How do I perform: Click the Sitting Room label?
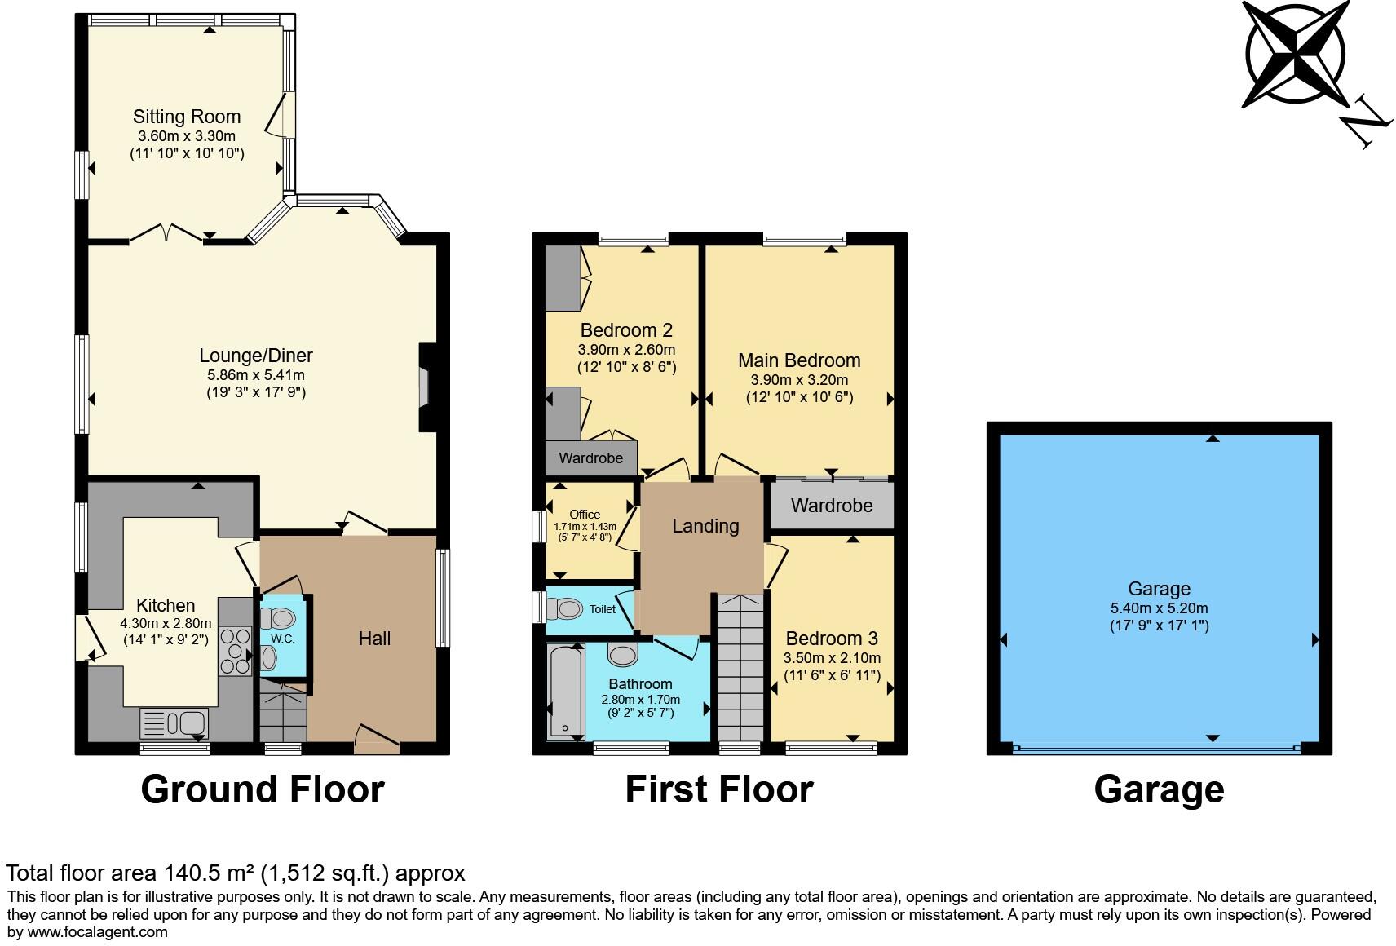click(187, 117)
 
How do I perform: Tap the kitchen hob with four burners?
click(236, 651)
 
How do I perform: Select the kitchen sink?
click(174, 723)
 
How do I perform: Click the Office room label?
click(585, 515)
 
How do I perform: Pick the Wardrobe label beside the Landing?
click(832, 506)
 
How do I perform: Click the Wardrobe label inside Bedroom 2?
click(590, 458)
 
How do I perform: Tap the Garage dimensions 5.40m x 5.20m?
click(1159, 608)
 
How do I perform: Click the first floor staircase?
click(740, 669)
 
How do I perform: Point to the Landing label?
click(705, 526)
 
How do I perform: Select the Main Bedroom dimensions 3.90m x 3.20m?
click(799, 380)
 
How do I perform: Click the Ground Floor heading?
click(262, 789)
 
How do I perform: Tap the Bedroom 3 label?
click(832, 639)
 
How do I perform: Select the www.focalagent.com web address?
click(98, 932)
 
